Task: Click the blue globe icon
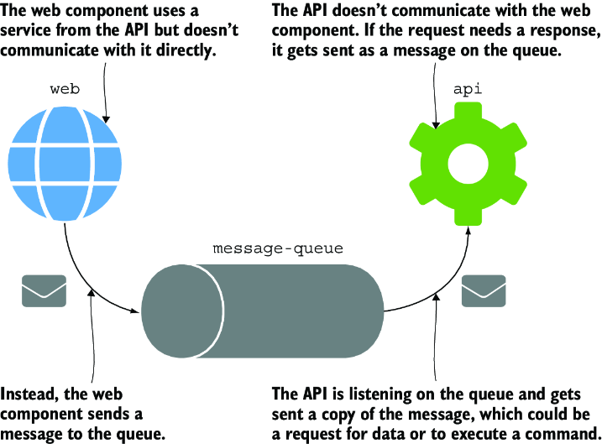click(x=65, y=164)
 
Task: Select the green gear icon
click(x=468, y=164)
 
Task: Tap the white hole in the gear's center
click(x=468, y=164)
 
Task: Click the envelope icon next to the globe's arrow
click(x=44, y=291)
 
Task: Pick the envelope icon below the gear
click(x=484, y=291)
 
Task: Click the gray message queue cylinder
click(x=262, y=311)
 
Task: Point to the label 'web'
click(x=65, y=89)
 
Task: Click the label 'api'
click(x=468, y=90)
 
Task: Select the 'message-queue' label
click(x=278, y=249)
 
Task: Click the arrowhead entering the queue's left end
click(x=135, y=310)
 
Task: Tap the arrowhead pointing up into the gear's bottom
click(x=469, y=230)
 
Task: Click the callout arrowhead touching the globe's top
click(x=107, y=119)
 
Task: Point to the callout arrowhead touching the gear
click(x=436, y=124)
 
